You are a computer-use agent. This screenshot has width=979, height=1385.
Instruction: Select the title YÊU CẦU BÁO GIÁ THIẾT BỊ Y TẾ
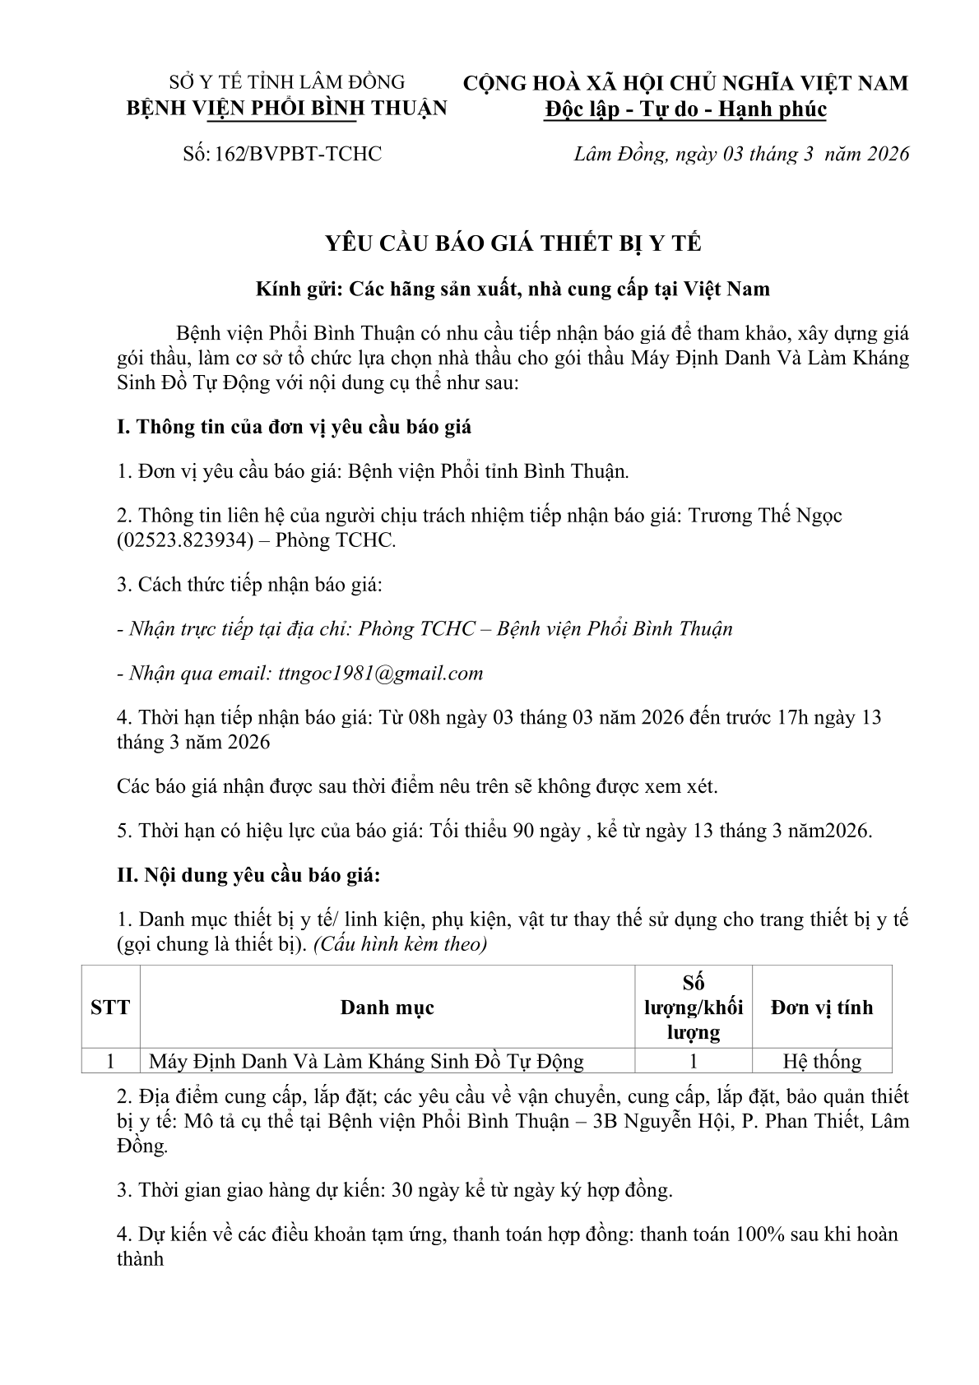point(513,243)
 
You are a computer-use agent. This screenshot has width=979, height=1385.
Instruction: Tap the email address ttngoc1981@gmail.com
point(377,673)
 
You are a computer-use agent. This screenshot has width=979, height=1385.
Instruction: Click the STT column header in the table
point(110,1007)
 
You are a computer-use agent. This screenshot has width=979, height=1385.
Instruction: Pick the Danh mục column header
point(387,1007)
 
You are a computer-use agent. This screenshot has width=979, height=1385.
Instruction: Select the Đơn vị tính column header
point(821,1007)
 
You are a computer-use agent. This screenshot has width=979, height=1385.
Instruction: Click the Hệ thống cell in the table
point(821,1061)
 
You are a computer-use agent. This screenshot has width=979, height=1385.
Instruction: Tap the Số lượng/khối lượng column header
point(693,1007)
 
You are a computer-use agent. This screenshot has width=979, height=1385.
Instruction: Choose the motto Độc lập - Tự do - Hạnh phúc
point(685,109)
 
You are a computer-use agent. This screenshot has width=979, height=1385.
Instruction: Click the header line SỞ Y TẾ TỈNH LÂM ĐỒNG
point(286,82)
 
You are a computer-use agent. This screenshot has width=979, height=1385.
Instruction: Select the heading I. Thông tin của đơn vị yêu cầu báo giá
point(294,427)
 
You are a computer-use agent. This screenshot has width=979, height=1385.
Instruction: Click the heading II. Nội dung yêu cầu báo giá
point(248,874)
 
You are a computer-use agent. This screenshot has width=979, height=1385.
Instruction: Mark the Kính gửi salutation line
point(513,289)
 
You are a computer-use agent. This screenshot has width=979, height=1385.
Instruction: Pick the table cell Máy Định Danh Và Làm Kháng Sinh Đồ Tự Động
point(366,1061)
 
